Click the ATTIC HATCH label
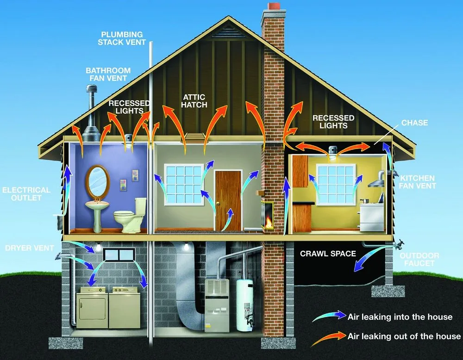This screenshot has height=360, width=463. point(194,101)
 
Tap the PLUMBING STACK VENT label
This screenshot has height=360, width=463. point(122,38)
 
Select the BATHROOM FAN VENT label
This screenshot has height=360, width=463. point(108,74)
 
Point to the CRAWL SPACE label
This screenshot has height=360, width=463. point(328,254)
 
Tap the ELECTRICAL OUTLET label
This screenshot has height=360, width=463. point(26,193)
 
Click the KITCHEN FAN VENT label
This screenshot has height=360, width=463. point(418,182)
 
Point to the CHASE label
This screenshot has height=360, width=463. point(414,123)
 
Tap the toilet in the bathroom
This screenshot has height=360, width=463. point(130,216)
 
